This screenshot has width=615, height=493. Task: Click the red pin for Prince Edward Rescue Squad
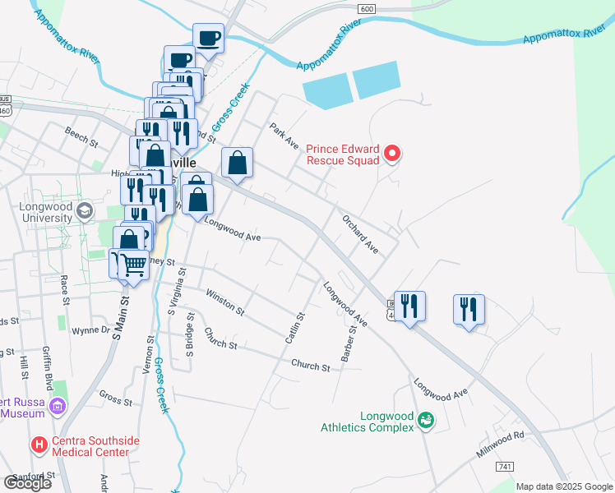(x=392, y=154)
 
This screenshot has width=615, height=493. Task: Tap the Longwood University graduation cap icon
(x=83, y=213)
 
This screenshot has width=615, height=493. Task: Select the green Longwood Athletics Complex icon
(x=426, y=420)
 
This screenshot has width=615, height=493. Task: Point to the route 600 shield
(x=368, y=8)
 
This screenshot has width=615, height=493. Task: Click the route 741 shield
(x=505, y=467)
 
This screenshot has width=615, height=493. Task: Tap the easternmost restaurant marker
(x=469, y=309)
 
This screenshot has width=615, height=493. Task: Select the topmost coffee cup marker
(x=208, y=37)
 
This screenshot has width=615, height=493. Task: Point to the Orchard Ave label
(x=360, y=234)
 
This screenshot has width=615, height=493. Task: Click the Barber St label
(x=349, y=343)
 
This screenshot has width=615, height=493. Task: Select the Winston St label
(x=224, y=302)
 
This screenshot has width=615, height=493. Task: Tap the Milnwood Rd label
(x=499, y=445)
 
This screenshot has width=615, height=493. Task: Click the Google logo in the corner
(x=27, y=482)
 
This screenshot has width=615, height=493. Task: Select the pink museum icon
(x=57, y=407)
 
